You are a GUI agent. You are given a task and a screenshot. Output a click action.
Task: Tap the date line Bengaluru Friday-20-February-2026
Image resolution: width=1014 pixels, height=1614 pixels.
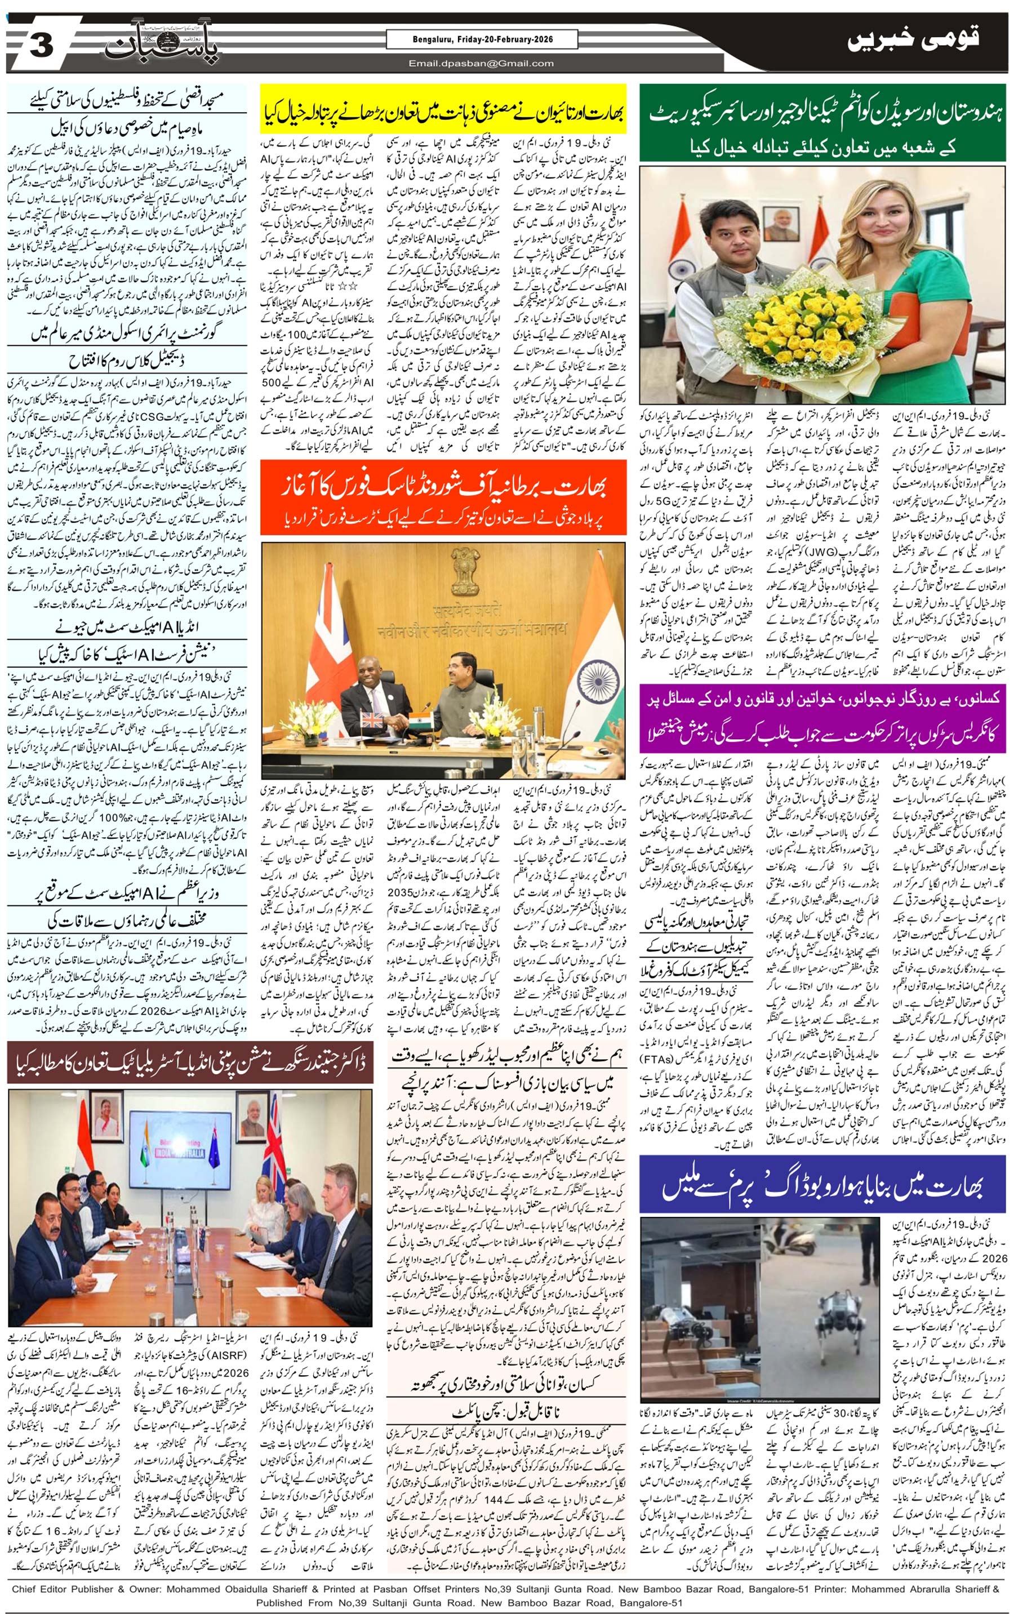point(481,40)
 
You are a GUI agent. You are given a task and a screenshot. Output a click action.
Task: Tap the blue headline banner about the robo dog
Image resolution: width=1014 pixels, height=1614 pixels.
point(822,1185)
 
